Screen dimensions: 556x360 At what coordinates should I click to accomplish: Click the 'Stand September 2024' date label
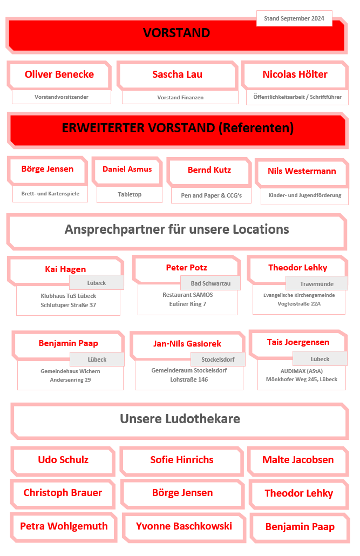click(294, 18)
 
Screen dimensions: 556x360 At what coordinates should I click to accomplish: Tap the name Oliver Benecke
click(59, 74)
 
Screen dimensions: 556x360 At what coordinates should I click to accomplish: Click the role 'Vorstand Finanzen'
click(180, 98)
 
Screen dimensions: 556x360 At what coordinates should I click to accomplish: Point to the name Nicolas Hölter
click(295, 74)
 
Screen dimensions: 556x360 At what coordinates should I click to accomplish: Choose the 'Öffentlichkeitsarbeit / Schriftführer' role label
click(297, 97)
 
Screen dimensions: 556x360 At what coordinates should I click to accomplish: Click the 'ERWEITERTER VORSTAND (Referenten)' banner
click(178, 128)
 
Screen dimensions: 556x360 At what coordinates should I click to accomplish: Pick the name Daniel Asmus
click(127, 169)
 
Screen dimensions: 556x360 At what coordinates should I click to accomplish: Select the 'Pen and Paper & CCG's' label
click(210, 195)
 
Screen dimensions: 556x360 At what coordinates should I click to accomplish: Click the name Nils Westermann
click(302, 171)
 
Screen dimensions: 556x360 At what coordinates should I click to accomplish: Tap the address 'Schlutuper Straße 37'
click(69, 305)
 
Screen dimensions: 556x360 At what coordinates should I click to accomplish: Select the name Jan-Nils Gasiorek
click(187, 343)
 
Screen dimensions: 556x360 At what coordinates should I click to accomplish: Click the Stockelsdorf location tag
click(218, 359)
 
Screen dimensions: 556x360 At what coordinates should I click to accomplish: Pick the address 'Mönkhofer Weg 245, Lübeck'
click(302, 379)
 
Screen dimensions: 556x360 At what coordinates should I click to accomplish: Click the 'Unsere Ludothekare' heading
click(180, 419)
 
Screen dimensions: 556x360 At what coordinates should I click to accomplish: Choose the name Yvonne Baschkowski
click(184, 526)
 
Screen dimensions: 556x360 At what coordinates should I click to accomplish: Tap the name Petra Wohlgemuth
click(64, 526)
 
